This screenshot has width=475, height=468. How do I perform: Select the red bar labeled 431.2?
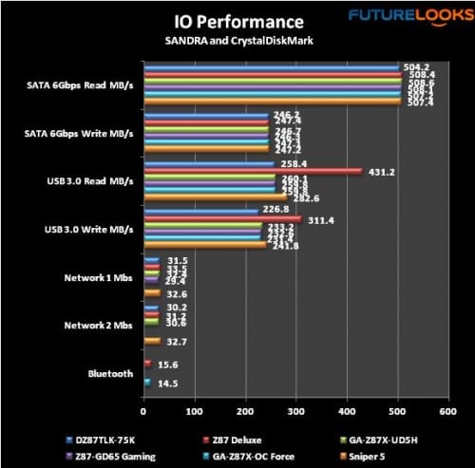(253, 172)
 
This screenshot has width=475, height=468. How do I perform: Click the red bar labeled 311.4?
(222, 219)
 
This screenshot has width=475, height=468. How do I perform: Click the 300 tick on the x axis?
(295, 411)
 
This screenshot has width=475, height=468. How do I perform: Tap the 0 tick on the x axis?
(143, 411)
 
